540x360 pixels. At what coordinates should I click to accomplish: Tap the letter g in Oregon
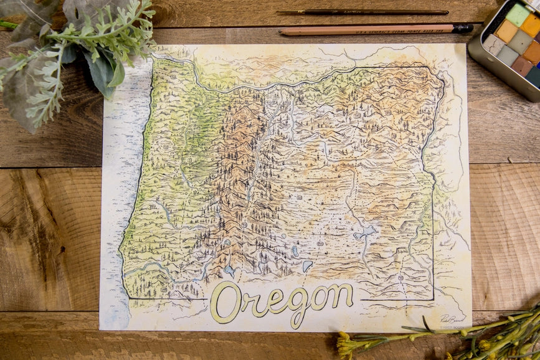[x=298, y=306]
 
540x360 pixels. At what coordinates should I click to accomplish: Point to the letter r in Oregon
[x=251, y=303]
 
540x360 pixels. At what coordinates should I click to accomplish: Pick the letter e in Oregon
[x=273, y=301]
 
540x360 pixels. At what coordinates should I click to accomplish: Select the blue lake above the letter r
[x=230, y=271]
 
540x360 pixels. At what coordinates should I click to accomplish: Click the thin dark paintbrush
[x=361, y=12]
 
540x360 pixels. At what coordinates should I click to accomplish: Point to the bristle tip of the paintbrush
[x=283, y=12]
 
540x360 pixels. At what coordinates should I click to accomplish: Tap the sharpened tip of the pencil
[x=282, y=31]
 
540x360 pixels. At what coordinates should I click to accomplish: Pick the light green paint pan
[x=517, y=14]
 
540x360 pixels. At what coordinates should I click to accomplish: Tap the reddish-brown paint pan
[x=521, y=65]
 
